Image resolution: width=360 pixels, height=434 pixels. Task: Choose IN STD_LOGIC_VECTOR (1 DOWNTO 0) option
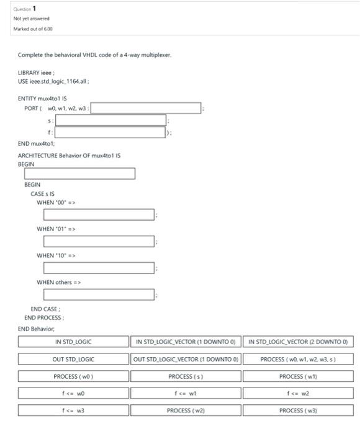(x=185, y=341)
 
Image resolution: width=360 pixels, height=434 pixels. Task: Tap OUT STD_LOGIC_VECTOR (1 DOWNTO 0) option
(x=185, y=358)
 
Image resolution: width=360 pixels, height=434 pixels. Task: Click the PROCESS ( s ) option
(x=185, y=376)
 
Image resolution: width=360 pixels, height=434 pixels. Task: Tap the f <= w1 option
(x=185, y=393)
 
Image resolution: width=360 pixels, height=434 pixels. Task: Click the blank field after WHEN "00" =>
(x=99, y=215)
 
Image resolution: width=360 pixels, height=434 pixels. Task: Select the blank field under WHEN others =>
(x=99, y=295)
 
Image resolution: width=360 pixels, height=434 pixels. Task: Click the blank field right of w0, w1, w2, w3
(x=147, y=108)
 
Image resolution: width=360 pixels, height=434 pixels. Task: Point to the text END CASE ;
(x=47, y=309)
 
